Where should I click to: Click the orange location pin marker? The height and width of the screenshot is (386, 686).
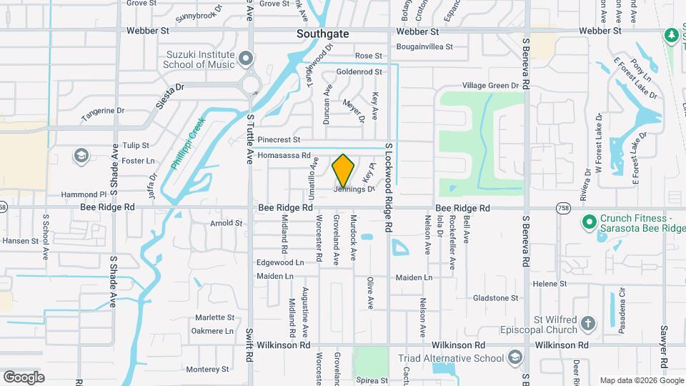coord(343,170)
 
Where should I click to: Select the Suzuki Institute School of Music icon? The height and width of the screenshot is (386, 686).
coord(246,57)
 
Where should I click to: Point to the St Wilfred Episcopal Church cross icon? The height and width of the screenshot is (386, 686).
coord(587,324)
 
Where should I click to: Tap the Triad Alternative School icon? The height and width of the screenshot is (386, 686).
coord(515,357)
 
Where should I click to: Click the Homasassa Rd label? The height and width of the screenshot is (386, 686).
coord(284,155)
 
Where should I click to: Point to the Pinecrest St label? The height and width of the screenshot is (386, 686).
coord(279,139)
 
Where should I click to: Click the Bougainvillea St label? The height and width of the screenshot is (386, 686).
coord(423,47)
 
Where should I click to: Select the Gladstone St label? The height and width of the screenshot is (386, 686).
coord(495,298)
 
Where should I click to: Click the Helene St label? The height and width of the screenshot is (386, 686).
coord(549,284)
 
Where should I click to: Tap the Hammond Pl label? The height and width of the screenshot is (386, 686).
coord(84,194)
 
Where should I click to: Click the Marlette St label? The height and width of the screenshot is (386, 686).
coord(215,317)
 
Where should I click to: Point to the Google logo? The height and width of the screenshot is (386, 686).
coord(24,377)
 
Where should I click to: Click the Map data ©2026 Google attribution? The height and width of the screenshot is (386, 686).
coord(640,380)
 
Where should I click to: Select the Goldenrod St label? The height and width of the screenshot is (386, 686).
coord(359,71)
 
